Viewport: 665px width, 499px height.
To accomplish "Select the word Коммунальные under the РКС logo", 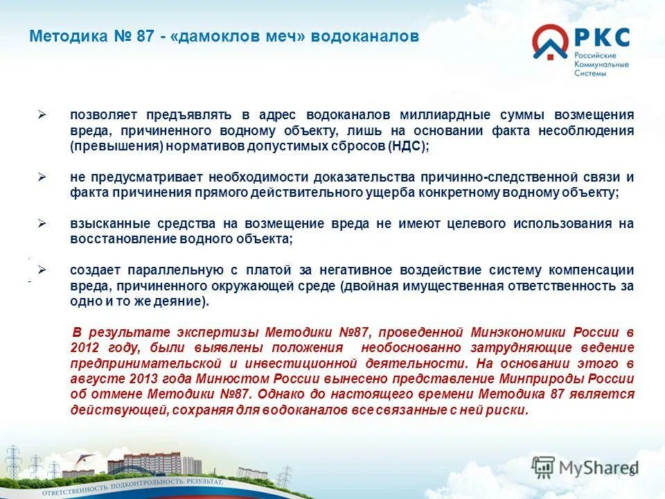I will click(601, 64).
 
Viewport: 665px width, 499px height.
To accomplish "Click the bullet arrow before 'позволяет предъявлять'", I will click(42, 114).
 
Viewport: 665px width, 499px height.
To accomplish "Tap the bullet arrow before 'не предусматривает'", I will click(42, 177).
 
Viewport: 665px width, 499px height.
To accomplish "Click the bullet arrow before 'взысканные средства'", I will click(42, 223).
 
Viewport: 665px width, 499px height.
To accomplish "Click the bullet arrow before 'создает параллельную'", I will click(42, 270).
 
